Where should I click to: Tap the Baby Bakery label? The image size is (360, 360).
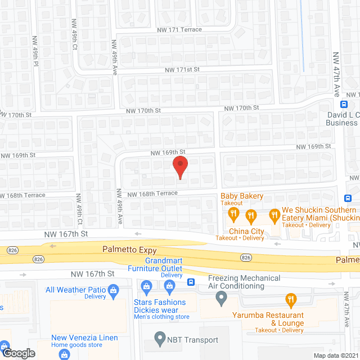(x=241, y=196)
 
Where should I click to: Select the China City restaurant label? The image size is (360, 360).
(x=246, y=231)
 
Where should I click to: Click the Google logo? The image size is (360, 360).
(x=18, y=353)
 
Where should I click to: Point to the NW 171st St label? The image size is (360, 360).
(x=182, y=69)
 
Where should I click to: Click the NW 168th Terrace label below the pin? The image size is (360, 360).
(x=152, y=193)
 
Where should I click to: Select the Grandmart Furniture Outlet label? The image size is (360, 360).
(x=164, y=265)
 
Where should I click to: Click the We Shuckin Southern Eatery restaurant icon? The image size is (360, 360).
(x=274, y=214)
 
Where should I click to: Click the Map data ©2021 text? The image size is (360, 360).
(x=335, y=355)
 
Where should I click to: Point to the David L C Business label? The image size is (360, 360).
(x=342, y=119)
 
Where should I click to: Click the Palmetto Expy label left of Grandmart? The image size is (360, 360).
(x=128, y=248)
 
